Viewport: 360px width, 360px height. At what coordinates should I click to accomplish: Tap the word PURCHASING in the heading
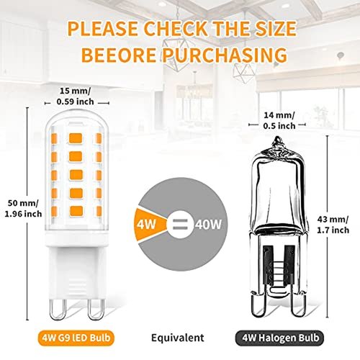click(225, 55)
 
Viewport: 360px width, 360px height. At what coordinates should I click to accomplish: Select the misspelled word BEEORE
click(119, 55)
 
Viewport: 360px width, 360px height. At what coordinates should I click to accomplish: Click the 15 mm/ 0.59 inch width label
click(75, 96)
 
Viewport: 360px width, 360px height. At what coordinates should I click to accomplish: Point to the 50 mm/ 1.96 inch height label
click(23, 208)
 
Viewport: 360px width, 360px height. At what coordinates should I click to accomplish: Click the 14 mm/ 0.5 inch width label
click(279, 120)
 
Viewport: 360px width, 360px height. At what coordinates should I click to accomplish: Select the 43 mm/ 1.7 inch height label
click(333, 225)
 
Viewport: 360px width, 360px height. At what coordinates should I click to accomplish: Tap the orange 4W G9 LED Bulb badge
click(76, 338)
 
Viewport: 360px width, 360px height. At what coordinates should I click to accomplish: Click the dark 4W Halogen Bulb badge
click(279, 338)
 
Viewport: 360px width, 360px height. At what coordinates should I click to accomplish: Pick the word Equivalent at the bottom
click(178, 338)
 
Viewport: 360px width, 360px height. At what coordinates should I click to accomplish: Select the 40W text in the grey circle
click(208, 225)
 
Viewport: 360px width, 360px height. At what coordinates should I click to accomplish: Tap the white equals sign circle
click(180, 225)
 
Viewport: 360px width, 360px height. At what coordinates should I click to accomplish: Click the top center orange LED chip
click(76, 138)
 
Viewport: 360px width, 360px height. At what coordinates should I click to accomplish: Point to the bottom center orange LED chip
click(76, 211)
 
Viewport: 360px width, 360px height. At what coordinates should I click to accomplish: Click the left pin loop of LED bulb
click(58, 310)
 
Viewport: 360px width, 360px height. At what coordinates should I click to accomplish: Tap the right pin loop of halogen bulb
click(299, 305)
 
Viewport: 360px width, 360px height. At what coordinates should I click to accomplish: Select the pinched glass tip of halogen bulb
click(278, 143)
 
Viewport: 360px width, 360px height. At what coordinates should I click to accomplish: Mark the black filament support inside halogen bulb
click(279, 265)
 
